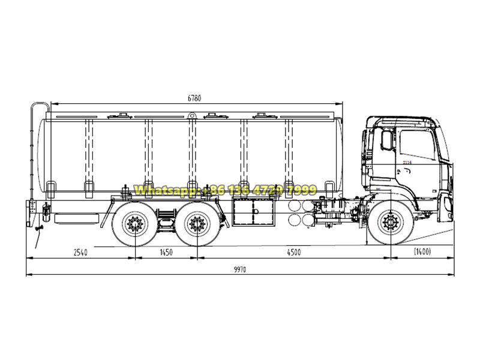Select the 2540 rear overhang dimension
point(80,253)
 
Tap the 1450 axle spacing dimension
point(166,253)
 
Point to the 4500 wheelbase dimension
point(292,253)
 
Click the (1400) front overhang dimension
point(422,253)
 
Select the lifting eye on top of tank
point(191,115)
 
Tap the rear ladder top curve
point(38,106)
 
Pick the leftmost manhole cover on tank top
point(123,115)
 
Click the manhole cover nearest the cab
point(262,115)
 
